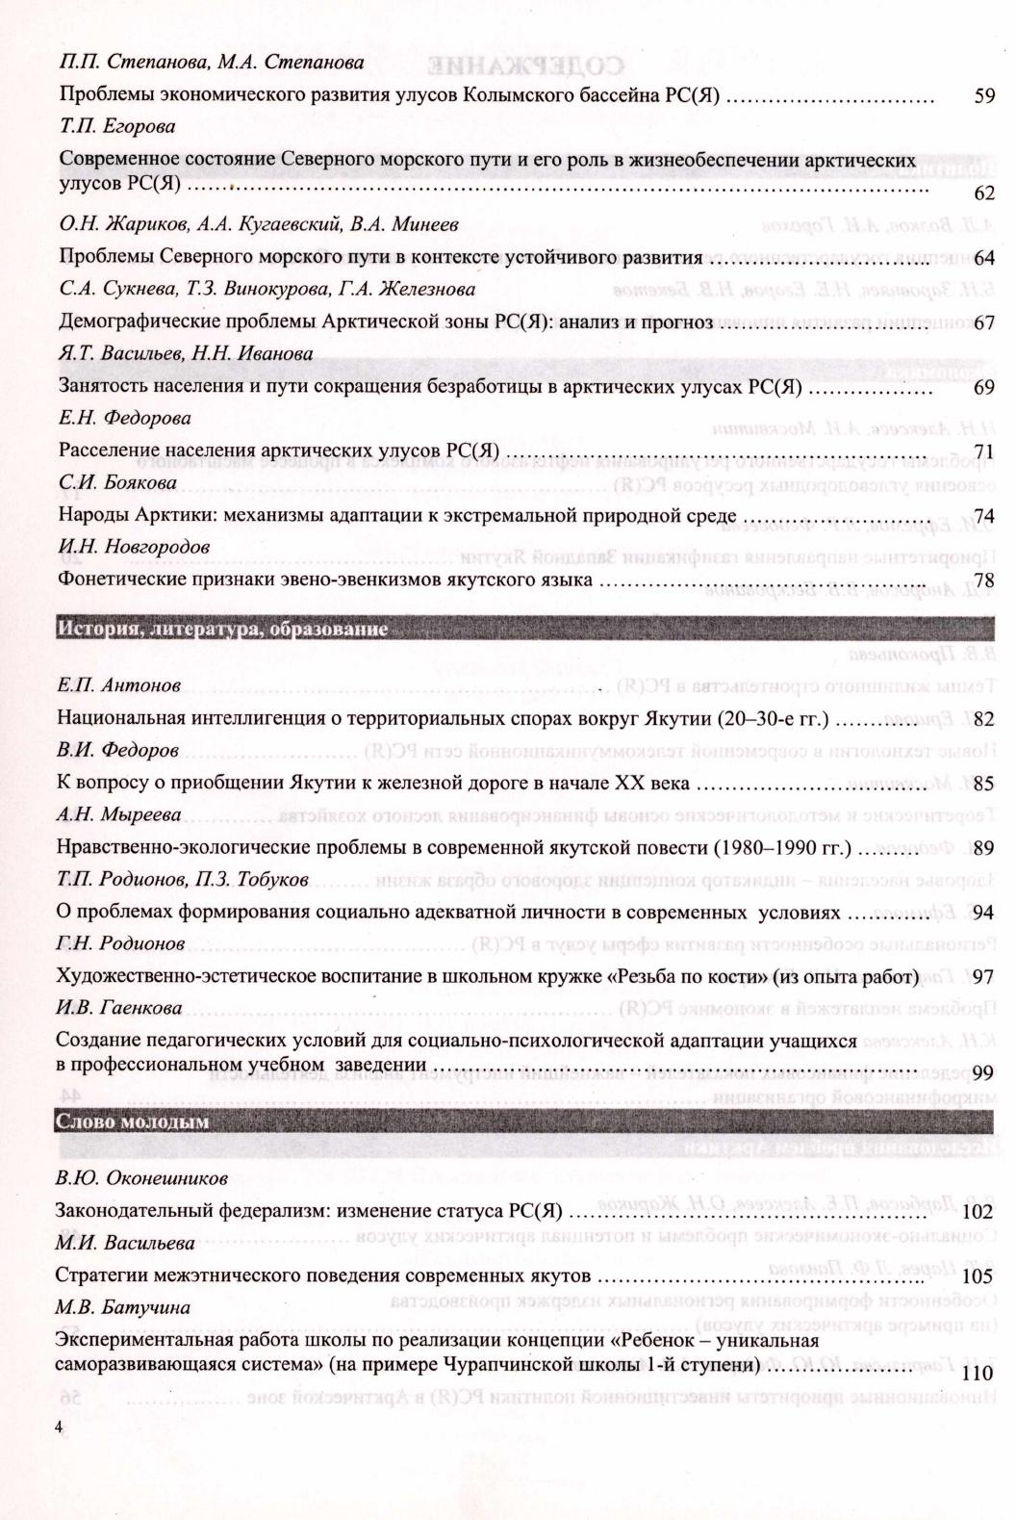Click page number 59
(983, 96)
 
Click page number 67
(983, 322)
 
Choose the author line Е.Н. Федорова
(124, 418)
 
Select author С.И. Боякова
(117, 482)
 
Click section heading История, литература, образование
(222, 630)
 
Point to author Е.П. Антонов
(118, 685)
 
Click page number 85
(983, 784)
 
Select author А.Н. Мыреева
(119, 815)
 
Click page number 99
(983, 1073)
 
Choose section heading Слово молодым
(133, 1121)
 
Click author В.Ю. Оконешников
(141, 1177)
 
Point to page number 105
(978, 1276)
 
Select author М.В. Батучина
(122, 1307)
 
